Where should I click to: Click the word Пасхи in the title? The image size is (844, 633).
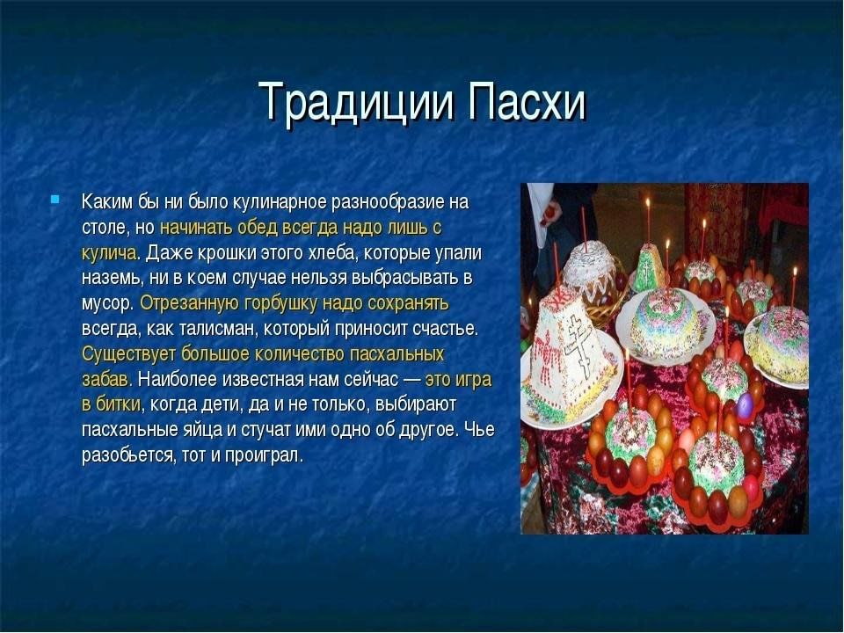coord(527,101)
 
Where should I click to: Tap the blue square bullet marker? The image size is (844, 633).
coord(55,200)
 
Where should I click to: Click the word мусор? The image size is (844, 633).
coord(107,304)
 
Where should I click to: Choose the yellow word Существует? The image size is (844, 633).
coord(129,354)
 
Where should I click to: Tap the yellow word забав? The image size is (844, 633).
coord(106,380)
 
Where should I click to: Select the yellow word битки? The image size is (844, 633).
coord(119,404)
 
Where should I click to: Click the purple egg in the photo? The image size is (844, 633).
coord(744,405)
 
